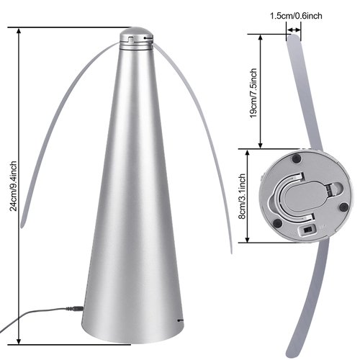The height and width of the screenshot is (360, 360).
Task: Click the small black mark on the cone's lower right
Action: point(180,318)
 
